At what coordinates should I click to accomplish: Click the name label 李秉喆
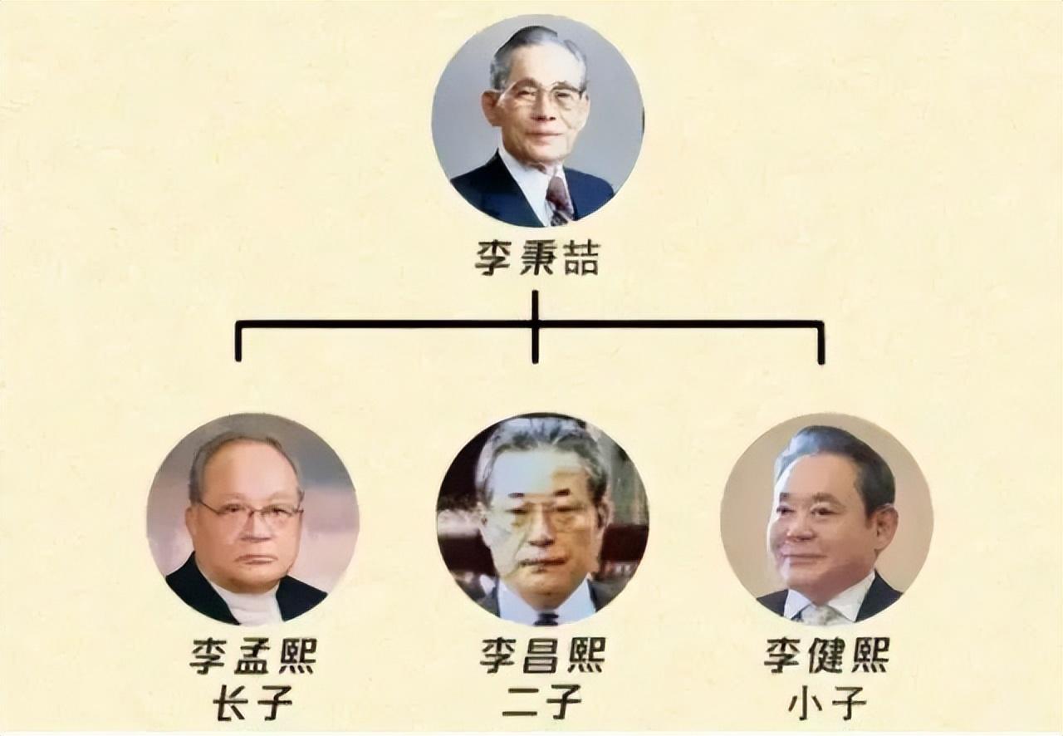point(536,258)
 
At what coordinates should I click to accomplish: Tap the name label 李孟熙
point(252,655)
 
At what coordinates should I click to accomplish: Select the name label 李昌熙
point(541,655)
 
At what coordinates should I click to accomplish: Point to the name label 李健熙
point(826,655)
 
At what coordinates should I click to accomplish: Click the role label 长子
point(252,704)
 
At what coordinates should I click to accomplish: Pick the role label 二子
point(541,704)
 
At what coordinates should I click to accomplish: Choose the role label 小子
point(826,704)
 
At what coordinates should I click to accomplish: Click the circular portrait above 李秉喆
point(537,120)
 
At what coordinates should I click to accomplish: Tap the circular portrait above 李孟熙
point(252,519)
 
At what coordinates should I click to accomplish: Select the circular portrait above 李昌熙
point(542,519)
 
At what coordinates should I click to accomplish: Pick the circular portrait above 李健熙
point(826,519)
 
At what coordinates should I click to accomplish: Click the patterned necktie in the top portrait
point(559,200)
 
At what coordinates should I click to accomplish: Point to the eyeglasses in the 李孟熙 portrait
point(249,513)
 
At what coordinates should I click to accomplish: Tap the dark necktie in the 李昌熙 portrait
point(546,618)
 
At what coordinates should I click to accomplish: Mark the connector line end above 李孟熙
point(238,357)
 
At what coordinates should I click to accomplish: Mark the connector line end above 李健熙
point(821,360)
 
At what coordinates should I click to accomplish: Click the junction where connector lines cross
point(535,323)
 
